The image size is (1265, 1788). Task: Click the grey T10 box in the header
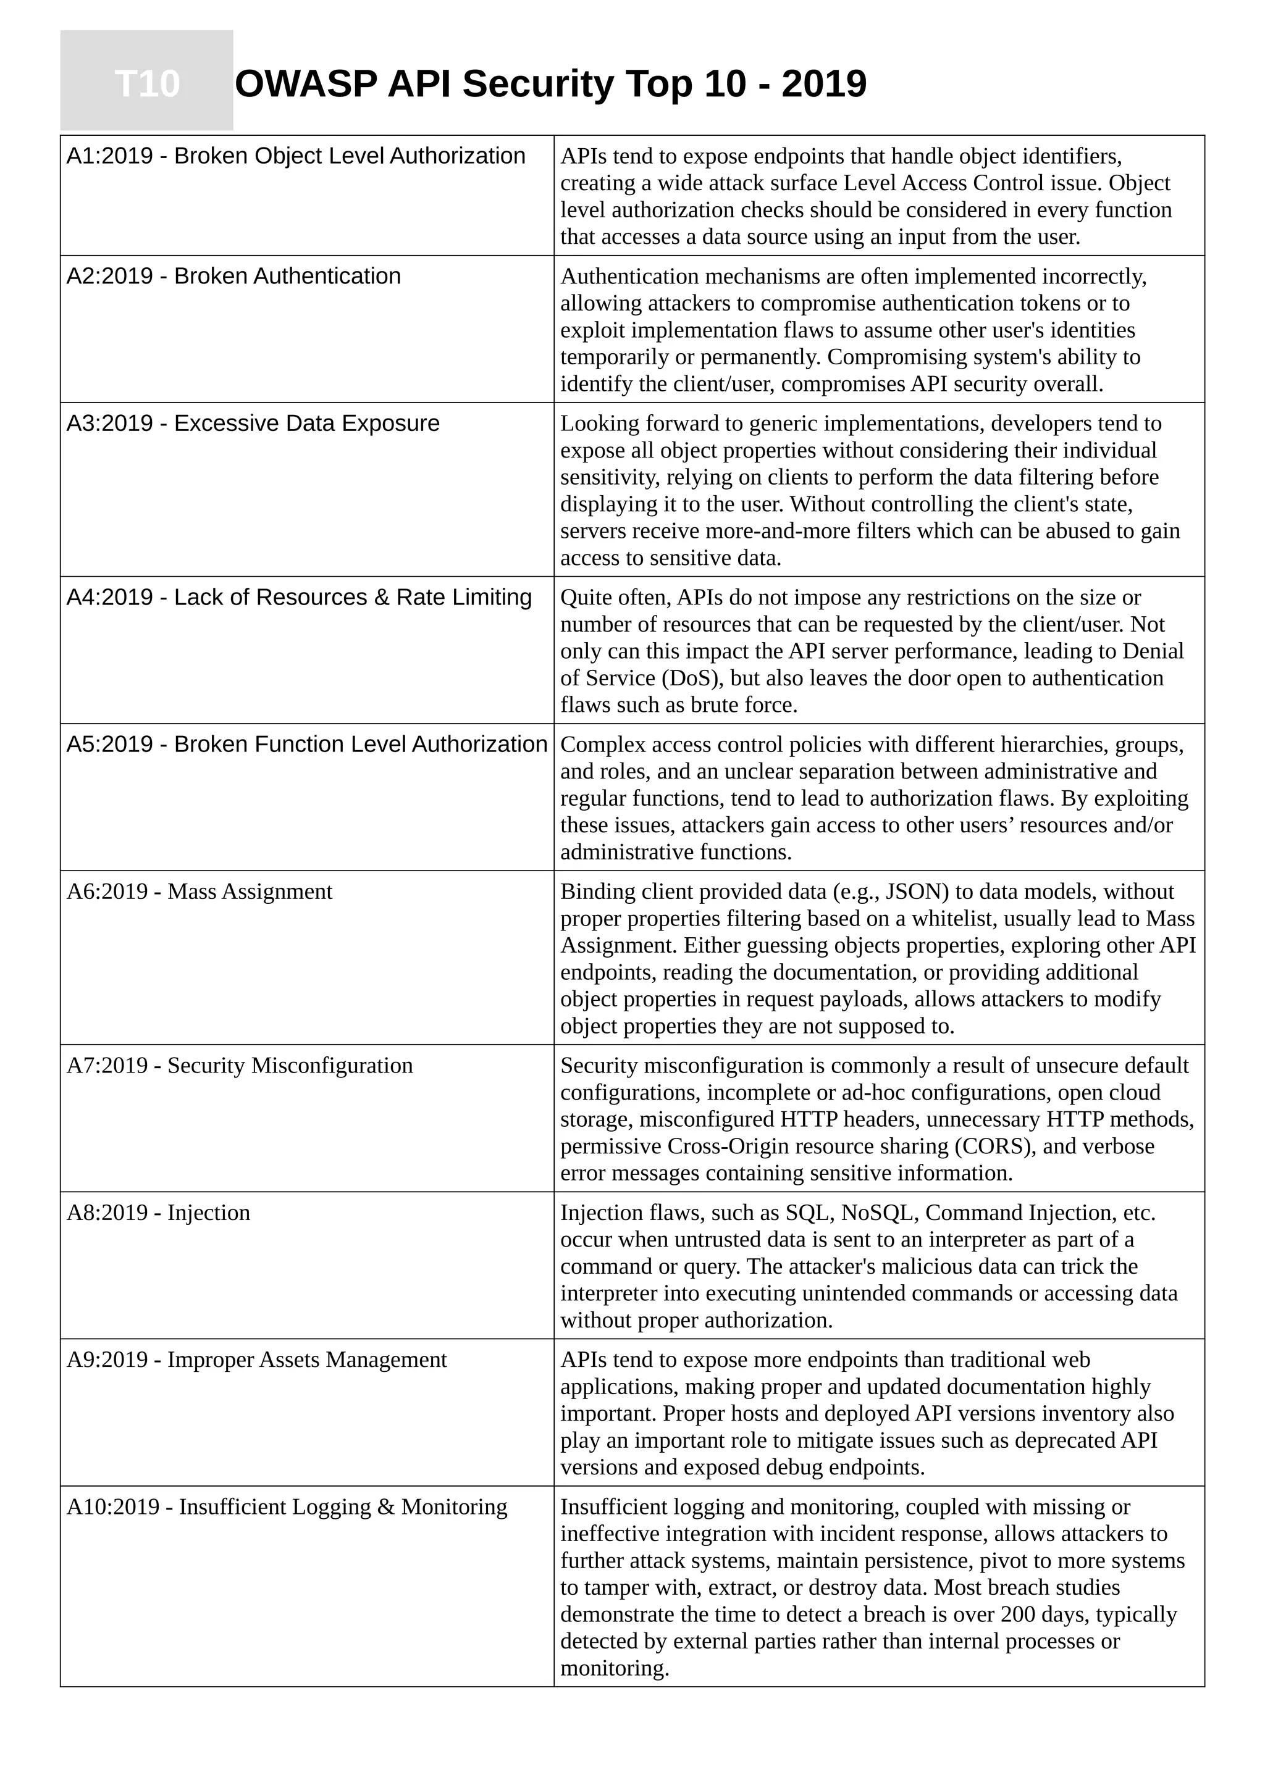pyautogui.click(x=146, y=81)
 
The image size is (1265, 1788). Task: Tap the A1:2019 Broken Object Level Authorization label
pyautogui.click(x=295, y=156)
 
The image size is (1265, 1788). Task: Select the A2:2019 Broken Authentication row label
pyautogui.click(x=233, y=276)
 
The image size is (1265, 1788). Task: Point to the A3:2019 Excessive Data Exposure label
pyautogui.click(x=253, y=423)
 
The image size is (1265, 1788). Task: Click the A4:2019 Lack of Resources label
pyautogui.click(x=298, y=596)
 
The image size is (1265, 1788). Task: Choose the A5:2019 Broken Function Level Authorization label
pyautogui.click(x=306, y=744)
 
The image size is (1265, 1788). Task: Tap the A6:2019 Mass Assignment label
pyautogui.click(x=199, y=891)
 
